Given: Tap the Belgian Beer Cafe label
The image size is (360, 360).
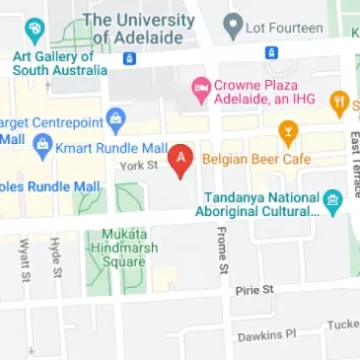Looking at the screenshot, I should click(255, 159).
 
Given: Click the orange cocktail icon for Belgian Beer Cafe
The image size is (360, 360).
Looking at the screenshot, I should click(288, 129).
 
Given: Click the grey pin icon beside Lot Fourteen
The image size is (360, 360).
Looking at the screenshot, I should click(234, 24).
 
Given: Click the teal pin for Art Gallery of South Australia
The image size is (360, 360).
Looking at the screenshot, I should click(36, 30).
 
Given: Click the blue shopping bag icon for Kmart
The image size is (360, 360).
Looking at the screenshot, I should click(42, 148).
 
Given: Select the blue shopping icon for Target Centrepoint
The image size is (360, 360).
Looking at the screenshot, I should click(116, 123).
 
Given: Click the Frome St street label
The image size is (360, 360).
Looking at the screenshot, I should click(223, 250).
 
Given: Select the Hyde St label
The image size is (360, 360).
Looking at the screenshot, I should click(57, 257).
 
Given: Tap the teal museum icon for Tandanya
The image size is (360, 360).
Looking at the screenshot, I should click(333, 202).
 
